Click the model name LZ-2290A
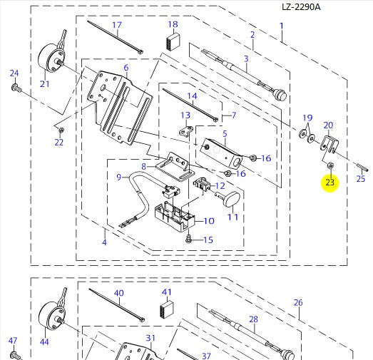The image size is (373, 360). click(x=301, y=7)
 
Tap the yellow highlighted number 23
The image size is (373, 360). click(x=330, y=182)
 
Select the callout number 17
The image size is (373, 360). click(x=117, y=25)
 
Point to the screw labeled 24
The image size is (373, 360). click(x=16, y=88)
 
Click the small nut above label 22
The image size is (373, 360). click(x=61, y=130)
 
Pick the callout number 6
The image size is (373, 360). click(x=126, y=68)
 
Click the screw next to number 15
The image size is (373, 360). click(x=189, y=239)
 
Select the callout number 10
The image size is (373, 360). click(x=210, y=221)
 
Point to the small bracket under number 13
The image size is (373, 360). click(x=186, y=131)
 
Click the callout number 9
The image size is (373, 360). click(x=119, y=177)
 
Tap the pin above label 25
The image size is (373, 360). click(x=362, y=166)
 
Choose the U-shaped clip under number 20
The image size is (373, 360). click(x=329, y=144)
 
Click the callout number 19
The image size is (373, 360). click(x=307, y=118)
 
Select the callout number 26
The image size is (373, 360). click(x=298, y=303)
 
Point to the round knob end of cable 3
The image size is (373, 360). click(x=280, y=94)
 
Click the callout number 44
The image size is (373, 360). click(x=44, y=342)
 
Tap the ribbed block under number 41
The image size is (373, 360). click(x=167, y=311)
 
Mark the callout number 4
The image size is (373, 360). click(x=104, y=242)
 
